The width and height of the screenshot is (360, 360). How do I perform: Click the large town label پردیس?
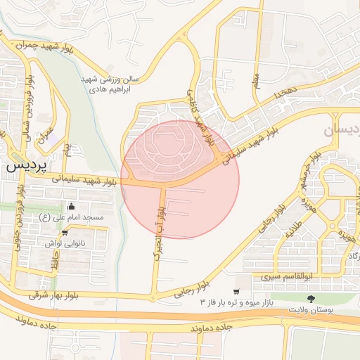pos(27,168)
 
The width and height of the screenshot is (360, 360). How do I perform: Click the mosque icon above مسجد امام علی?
pos(70,207)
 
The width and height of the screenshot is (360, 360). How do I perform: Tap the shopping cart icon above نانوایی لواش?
pos(65,233)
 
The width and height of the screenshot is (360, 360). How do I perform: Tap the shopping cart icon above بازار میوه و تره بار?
pos(236,291)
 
